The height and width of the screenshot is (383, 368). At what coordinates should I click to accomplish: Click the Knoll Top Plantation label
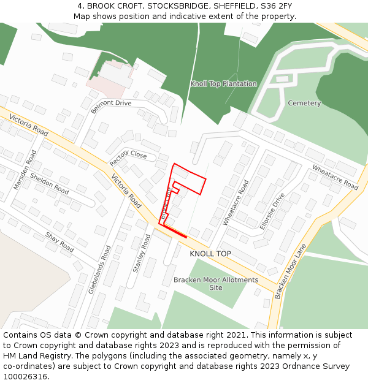tap(223, 84)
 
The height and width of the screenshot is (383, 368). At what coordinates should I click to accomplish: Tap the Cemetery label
tap(304, 103)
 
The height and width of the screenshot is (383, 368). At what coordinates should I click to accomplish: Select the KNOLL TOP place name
tap(210, 254)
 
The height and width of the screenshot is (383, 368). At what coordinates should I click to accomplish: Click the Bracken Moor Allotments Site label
tap(216, 283)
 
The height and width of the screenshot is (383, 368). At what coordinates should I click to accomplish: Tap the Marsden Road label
tap(23, 169)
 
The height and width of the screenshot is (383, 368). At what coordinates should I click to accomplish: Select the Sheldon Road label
tap(49, 183)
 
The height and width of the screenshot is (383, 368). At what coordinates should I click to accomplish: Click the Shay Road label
tap(59, 242)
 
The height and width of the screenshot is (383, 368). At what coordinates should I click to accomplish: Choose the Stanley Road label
tap(142, 253)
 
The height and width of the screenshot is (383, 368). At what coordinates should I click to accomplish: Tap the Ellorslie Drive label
tap(272, 211)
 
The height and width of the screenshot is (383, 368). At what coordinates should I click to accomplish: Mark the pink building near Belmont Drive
tap(104, 78)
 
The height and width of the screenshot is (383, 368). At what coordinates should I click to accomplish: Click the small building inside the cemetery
tap(282, 78)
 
